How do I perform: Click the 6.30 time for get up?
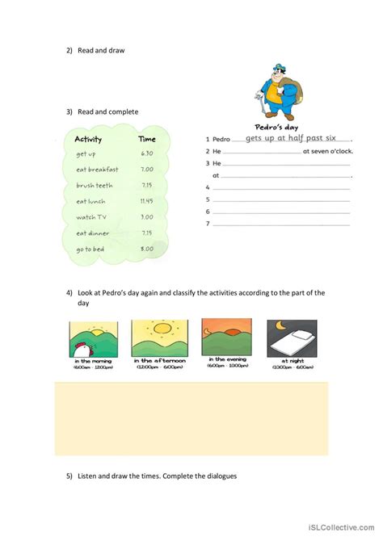coord(146,153)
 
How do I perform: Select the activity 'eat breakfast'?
coord(97,170)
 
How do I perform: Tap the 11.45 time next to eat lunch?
coord(146,201)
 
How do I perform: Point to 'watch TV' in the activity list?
coord(91,216)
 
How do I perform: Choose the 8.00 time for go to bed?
coord(146,249)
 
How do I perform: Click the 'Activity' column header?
coord(88,139)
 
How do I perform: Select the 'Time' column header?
coord(147,139)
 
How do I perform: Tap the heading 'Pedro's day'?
coord(278,127)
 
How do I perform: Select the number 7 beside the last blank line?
coord(208,224)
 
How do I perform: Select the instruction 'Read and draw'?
coord(101,51)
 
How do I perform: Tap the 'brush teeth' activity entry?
coord(95,185)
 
